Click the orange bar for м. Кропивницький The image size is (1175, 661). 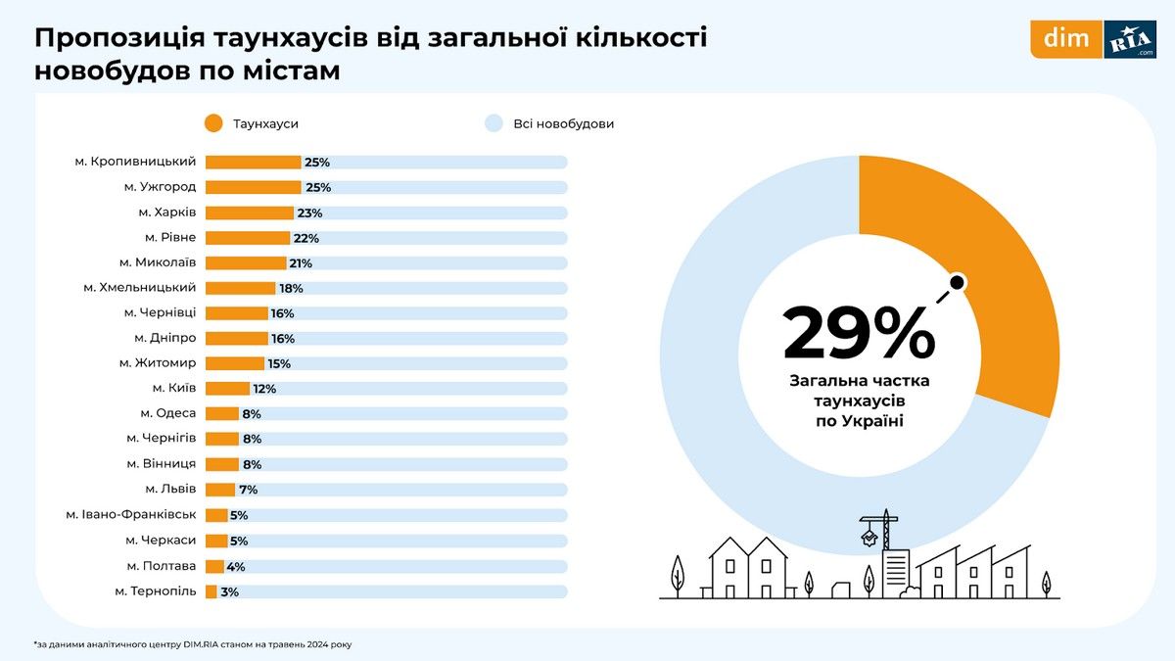[253, 163]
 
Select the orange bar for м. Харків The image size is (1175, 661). [249, 212]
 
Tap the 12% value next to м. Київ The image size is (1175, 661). [264, 389]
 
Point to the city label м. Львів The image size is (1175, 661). [170, 489]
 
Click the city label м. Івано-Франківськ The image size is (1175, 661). [131, 514]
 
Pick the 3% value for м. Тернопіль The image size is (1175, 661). [229, 591]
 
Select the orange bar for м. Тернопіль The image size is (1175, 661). [211, 591]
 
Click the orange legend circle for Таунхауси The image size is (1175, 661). [213, 123]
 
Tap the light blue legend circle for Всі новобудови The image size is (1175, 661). [493, 123]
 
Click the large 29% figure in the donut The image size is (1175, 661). [859, 333]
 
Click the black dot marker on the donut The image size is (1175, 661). [958, 283]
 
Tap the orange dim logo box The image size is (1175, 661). [1065, 39]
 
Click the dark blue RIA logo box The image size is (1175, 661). [1129, 39]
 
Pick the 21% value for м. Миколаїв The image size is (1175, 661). [301, 263]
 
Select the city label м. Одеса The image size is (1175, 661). [167, 413]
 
